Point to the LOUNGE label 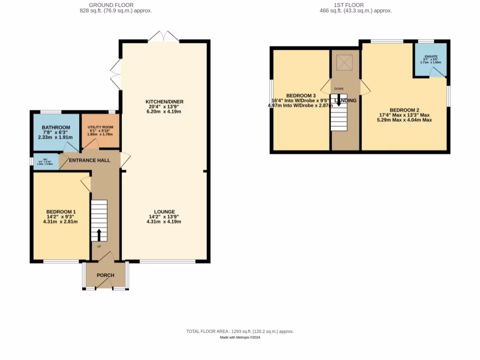(x=164, y=211)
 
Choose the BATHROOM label (x=56, y=127)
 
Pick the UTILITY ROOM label (x=100, y=127)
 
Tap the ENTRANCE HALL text (x=90, y=160)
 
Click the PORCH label (x=105, y=275)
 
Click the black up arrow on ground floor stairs (x=99, y=234)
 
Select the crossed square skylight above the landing (x=345, y=63)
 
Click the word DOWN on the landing (x=338, y=89)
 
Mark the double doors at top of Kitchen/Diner (x=164, y=36)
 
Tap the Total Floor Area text (x=240, y=331)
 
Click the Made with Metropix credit (x=240, y=337)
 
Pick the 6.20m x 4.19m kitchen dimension (x=164, y=112)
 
